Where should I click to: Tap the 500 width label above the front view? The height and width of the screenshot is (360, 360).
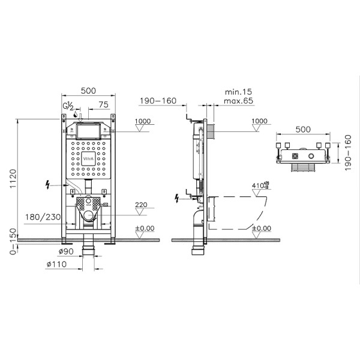point(88,91)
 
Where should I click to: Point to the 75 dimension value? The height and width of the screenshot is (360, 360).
point(103,104)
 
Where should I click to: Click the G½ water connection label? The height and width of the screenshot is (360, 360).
point(68,107)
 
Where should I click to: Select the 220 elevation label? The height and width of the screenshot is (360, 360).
point(141,205)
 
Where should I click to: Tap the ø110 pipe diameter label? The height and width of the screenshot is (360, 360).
point(58,264)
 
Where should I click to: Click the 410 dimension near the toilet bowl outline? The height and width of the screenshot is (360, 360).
point(259,186)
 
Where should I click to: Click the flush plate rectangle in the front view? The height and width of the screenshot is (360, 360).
point(88,130)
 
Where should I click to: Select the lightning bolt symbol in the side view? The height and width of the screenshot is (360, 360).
point(177,197)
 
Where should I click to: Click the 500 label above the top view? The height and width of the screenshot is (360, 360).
point(303,129)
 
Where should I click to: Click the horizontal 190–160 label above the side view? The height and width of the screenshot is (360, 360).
point(157,101)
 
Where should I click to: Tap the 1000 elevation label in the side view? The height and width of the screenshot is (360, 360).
point(259,121)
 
